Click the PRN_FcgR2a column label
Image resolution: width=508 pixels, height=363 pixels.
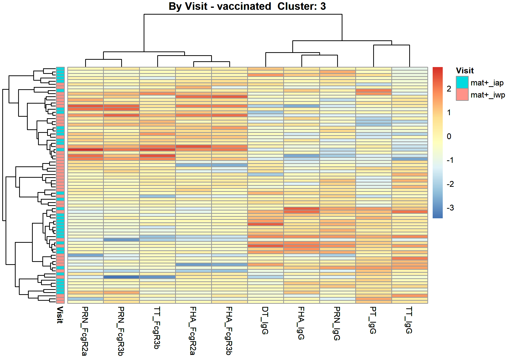pyautogui.click(x=85, y=331)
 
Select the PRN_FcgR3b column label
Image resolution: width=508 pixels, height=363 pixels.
pyautogui.click(x=121, y=331)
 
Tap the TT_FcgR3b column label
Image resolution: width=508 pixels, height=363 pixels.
pyautogui.click(x=157, y=328)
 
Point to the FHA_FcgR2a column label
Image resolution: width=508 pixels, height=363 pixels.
pyautogui.click(x=193, y=331)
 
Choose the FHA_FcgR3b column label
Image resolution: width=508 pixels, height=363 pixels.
pyautogui.click(x=229, y=331)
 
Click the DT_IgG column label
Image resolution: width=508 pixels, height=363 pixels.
pyautogui.click(x=265, y=320)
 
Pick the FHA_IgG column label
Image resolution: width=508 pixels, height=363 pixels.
pyautogui.click(x=301, y=323)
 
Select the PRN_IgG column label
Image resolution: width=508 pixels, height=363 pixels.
pyautogui.click(x=337, y=323)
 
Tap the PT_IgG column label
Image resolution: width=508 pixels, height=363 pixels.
pyautogui.click(x=373, y=320)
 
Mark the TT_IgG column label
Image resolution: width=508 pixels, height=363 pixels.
pyautogui.click(x=409, y=320)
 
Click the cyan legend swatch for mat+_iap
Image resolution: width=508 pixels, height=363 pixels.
pyautogui.click(x=462, y=82)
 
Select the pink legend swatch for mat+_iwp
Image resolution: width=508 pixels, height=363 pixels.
pyautogui.click(x=462, y=95)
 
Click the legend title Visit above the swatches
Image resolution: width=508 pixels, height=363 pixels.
pyautogui.click(x=465, y=71)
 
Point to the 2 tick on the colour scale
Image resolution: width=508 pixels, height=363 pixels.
pyautogui.click(x=449, y=89)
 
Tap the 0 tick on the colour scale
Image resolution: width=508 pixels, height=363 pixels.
pyautogui.click(x=449, y=136)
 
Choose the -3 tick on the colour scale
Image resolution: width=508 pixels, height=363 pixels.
pyautogui.click(x=450, y=208)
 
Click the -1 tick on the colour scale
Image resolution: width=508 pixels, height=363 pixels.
pyautogui.click(x=450, y=160)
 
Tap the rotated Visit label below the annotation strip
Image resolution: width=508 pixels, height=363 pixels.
pyautogui.click(x=60, y=315)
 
